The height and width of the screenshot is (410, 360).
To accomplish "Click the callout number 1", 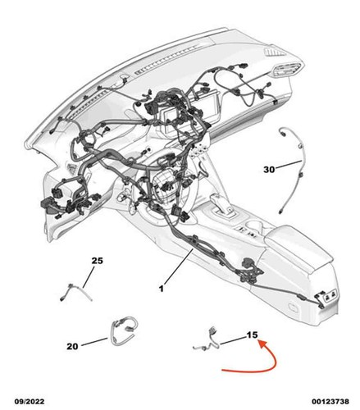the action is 162,289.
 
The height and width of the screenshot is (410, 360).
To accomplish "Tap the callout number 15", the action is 252,335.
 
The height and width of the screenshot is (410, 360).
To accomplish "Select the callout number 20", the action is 72,346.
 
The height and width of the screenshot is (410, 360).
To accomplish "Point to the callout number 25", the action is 98,261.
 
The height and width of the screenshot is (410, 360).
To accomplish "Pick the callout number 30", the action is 269,170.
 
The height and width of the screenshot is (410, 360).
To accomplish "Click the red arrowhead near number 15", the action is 263,344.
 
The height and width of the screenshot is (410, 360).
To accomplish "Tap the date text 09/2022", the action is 30,402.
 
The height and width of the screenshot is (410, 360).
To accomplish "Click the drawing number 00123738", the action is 330,402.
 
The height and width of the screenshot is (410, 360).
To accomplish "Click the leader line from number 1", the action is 178,267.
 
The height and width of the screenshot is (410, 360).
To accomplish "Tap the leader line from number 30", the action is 288,164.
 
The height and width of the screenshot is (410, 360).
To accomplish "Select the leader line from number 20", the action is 94,342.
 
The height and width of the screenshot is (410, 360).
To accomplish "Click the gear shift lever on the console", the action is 222,206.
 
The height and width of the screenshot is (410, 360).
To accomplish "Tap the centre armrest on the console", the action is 297,246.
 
